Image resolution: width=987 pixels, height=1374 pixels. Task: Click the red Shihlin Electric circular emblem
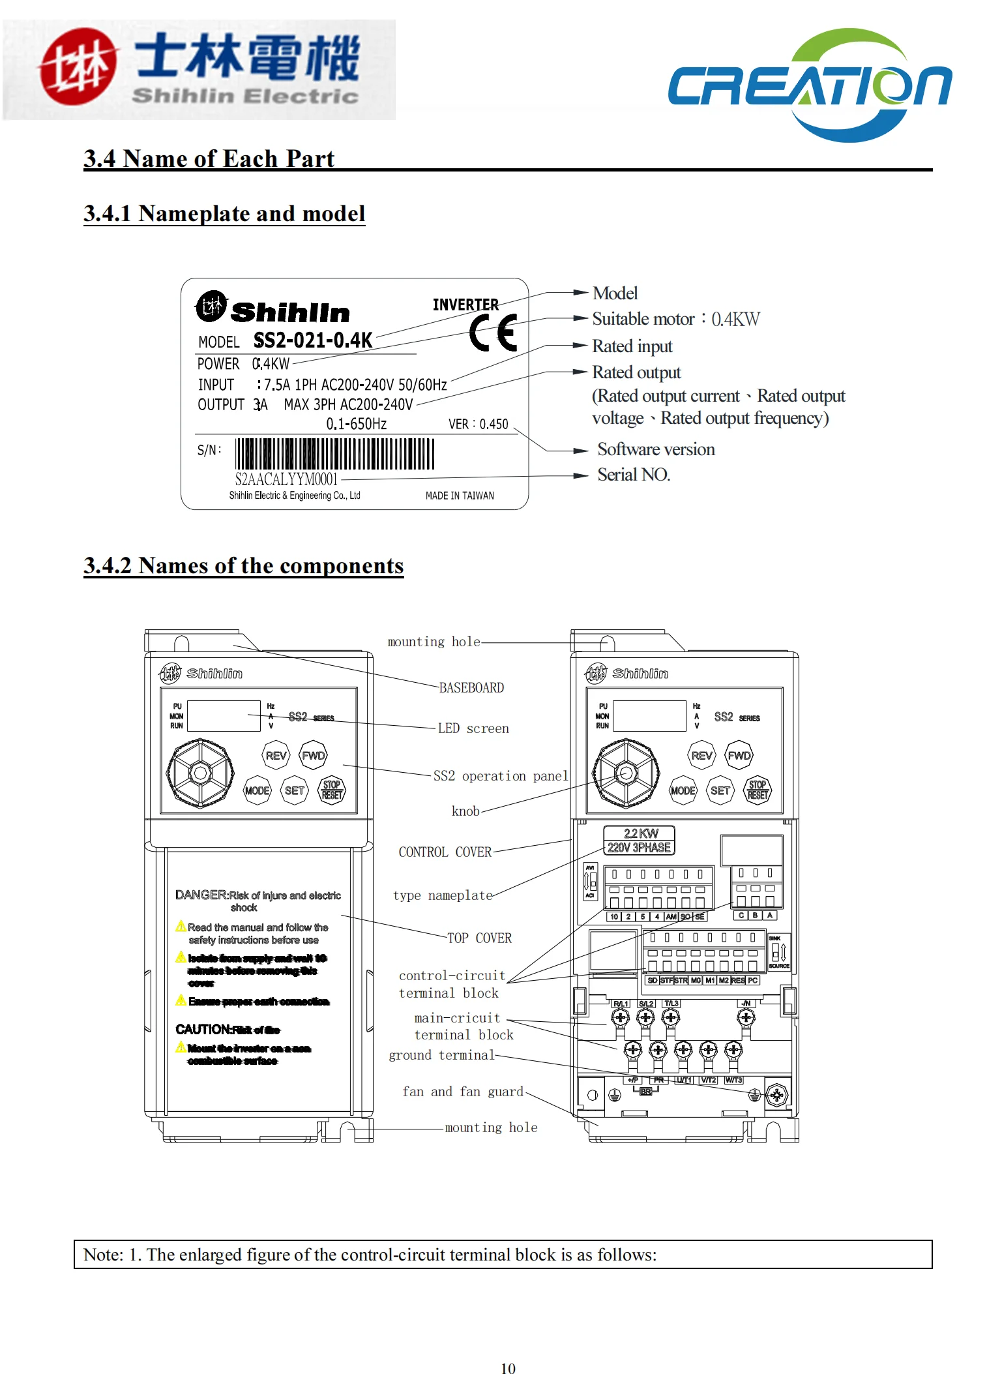pyautogui.click(x=78, y=67)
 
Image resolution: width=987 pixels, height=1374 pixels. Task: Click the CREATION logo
pyautogui.click(x=810, y=85)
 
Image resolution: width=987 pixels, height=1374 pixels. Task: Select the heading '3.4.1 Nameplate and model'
pyautogui.click(x=224, y=214)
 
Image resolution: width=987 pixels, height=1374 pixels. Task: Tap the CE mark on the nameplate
pyautogui.click(x=493, y=333)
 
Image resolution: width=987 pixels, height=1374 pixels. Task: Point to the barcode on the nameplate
pyautogui.click(x=334, y=454)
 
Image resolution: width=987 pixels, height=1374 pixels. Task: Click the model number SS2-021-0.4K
pyautogui.click(x=312, y=340)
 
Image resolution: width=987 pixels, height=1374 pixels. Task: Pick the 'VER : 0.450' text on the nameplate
pyautogui.click(x=478, y=425)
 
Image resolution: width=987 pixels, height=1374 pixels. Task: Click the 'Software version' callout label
pyautogui.click(x=656, y=449)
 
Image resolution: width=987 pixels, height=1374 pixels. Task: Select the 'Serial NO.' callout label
pyautogui.click(x=634, y=475)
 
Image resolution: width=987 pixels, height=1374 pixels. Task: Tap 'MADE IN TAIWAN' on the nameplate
pyautogui.click(x=460, y=496)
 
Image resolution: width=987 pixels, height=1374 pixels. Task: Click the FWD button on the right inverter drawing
pyautogui.click(x=739, y=756)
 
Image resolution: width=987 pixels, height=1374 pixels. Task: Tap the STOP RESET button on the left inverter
pyautogui.click(x=332, y=790)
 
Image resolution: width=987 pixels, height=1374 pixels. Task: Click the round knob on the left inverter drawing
pyautogui.click(x=200, y=773)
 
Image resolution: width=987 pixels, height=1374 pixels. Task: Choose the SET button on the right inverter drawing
pyautogui.click(x=720, y=791)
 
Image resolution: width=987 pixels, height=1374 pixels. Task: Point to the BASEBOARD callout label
pyautogui.click(x=471, y=688)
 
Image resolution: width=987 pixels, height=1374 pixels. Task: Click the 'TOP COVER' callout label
pyautogui.click(x=479, y=938)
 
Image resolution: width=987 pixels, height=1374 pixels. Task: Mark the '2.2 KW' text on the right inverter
pyautogui.click(x=641, y=833)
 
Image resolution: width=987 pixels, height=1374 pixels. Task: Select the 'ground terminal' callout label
pyautogui.click(x=441, y=1055)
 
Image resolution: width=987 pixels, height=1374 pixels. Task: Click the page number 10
pyautogui.click(x=508, y=1369)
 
